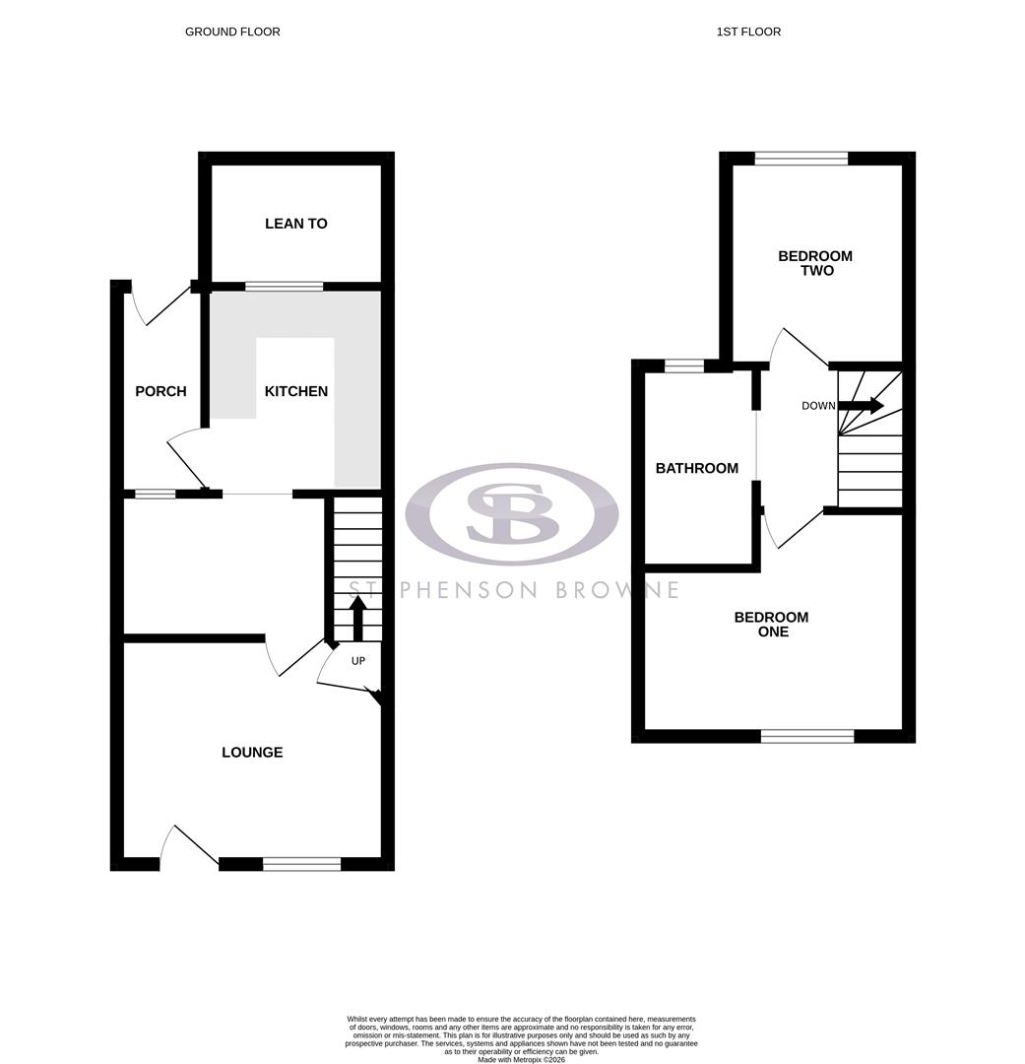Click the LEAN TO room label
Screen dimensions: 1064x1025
[295, 224]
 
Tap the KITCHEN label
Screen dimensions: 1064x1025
[295, 391]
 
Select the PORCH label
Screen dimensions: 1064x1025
[160, 391]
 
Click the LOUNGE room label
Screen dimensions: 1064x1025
[252, 752]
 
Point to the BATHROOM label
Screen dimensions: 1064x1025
[697, 468]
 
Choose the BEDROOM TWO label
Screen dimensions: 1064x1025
[815, 263]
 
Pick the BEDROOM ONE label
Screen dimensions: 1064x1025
[772, 625]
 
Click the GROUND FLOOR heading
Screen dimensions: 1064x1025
[232, 32]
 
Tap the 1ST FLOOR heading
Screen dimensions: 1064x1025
[748, 32]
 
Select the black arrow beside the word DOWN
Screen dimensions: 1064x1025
[861, 405]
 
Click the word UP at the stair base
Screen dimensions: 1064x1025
[358, 661]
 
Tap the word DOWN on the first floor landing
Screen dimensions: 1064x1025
[818, 406]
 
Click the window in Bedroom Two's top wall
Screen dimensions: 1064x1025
[801, 158]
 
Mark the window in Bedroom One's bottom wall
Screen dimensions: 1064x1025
[807, 735]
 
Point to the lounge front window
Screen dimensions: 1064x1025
[301, 864]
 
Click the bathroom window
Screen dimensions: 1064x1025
[684, 366]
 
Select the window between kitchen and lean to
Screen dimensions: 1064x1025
[284, 287]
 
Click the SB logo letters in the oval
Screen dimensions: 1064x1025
[512, 513]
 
